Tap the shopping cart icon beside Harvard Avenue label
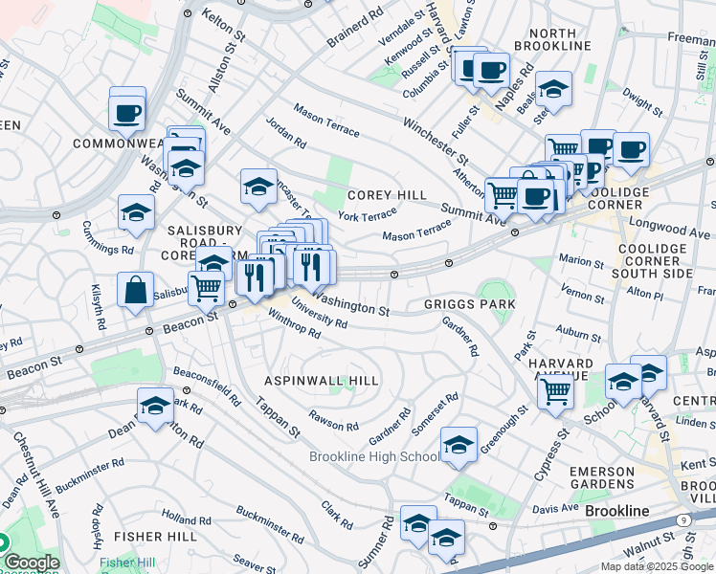[x=555, y=390]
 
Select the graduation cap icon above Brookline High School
[x=459, y=445]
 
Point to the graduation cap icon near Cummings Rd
[x=137, y=213]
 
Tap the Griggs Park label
[x=470, y=304]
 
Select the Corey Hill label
[x=387, y=195]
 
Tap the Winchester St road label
[x=436, y=141]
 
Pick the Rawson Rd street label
[x=334, y=420]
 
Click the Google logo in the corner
[x=31, y=563]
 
